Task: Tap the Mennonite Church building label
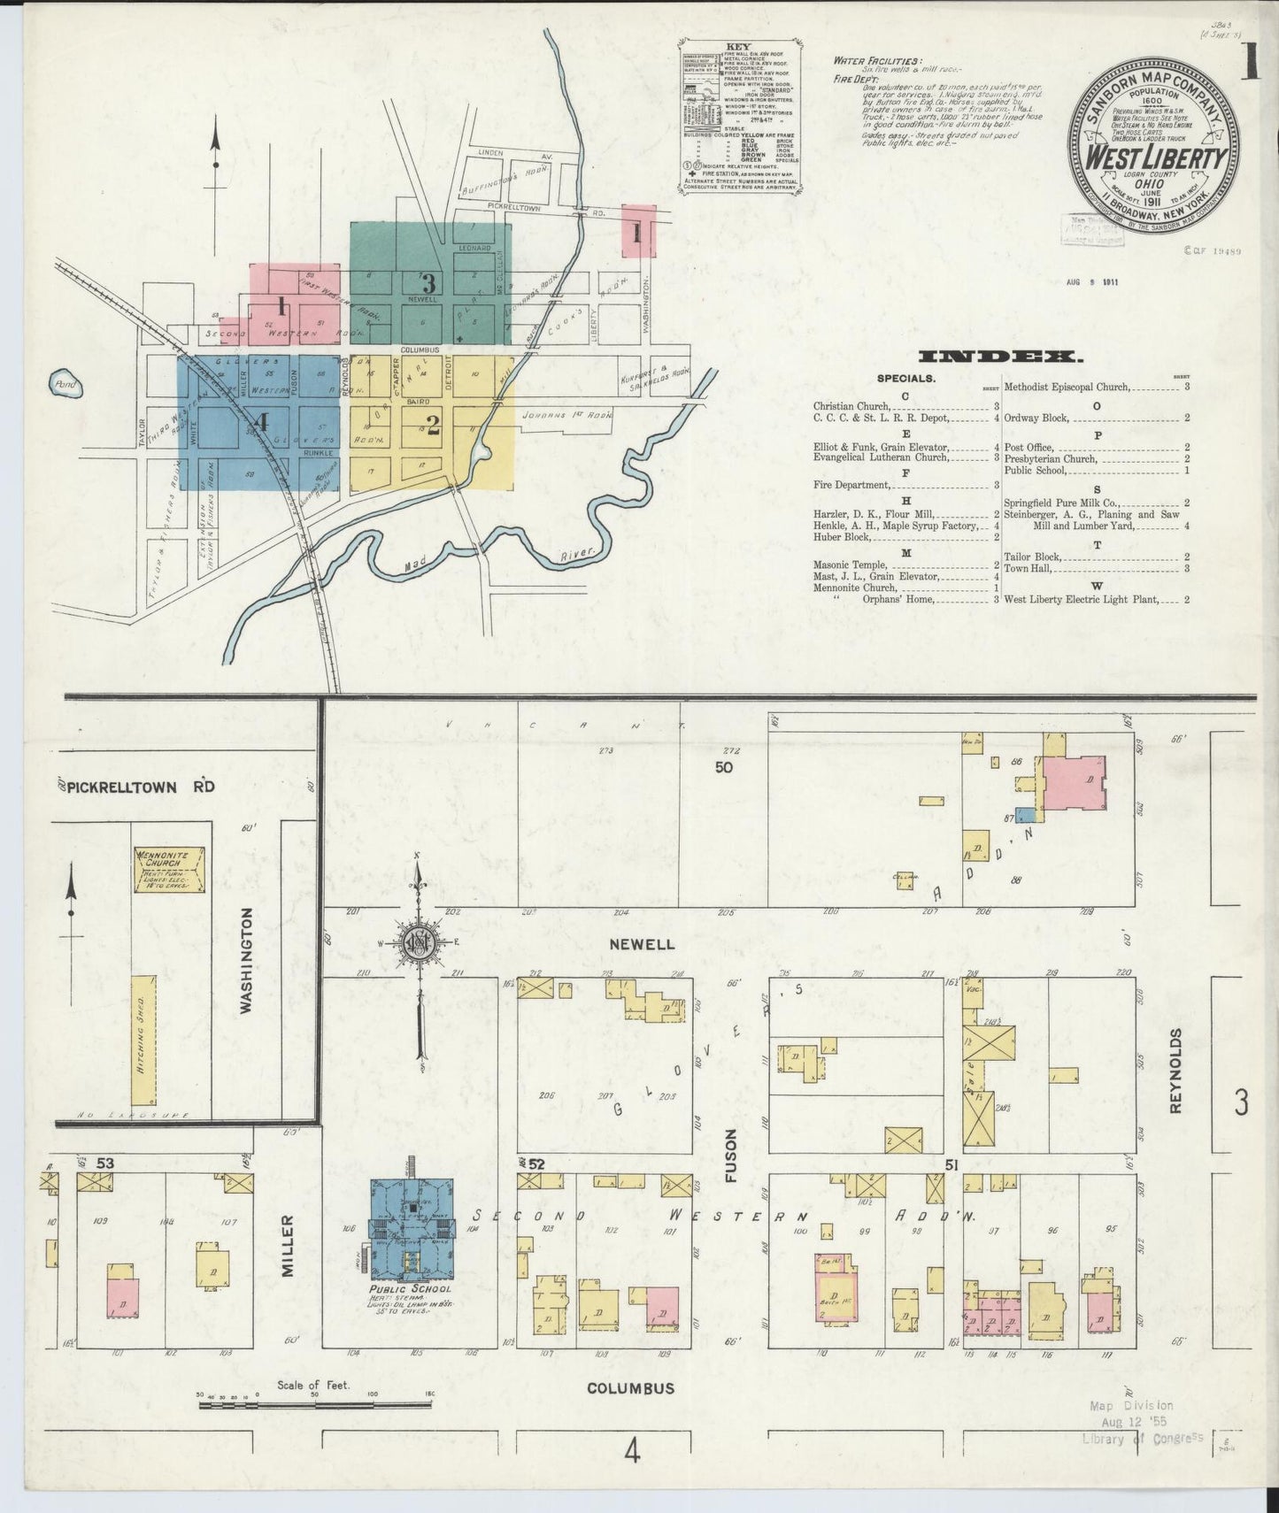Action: point(170,858)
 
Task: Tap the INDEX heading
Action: point(1000,357)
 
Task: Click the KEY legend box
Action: point(740,115)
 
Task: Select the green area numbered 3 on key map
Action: point(430,283)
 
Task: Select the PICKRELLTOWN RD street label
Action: point(142,787)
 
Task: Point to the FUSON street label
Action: point(731,1155)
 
